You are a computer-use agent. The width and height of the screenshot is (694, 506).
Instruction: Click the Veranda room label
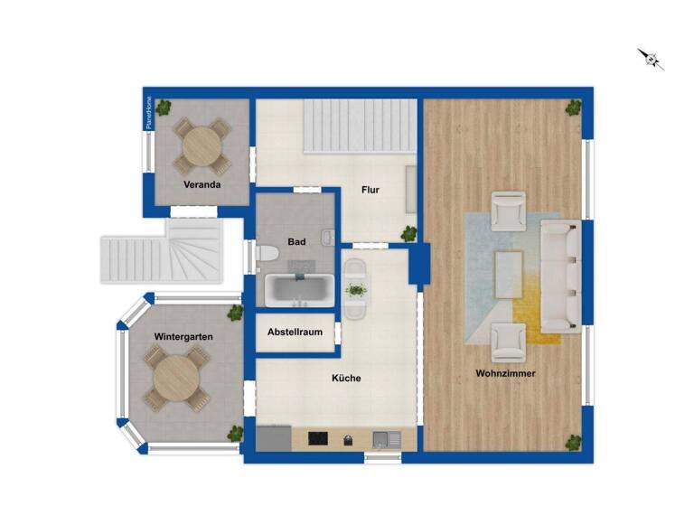pyautogui.click(x=202, y=184)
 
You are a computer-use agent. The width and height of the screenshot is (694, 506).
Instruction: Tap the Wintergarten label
pyautogui.click(x=183, y=336)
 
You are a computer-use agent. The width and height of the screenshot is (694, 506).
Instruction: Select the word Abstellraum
pyautogui.click(x=295, y=332)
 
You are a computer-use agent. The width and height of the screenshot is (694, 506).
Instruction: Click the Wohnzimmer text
pyautogui.click(x=506, y=373)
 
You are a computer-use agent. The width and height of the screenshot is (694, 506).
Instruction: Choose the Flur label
pyautogui.click(x=370, y=190)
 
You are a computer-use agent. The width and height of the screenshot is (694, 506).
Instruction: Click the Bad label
pyautogui.click(x=296, y=241)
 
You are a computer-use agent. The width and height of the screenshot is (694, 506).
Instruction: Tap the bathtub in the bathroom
pyautogui.click(x=299, y=289)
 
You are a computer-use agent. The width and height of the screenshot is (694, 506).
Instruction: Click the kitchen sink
pyautogui.click(x=387, y=439)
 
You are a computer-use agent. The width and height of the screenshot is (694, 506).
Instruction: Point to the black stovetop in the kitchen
pyautogui.click(x=318, y=439)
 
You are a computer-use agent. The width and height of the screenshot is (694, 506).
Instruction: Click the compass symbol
pyautogui.click(x=652, y=59)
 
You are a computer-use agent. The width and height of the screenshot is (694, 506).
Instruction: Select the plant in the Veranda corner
pyautogui.click(x=164, y=108)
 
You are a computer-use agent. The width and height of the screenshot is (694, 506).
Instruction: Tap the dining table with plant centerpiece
pyautogui.click(x=356, y=289)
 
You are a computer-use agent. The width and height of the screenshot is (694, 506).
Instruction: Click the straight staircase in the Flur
pyautogui.click(x=359, y=126)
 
